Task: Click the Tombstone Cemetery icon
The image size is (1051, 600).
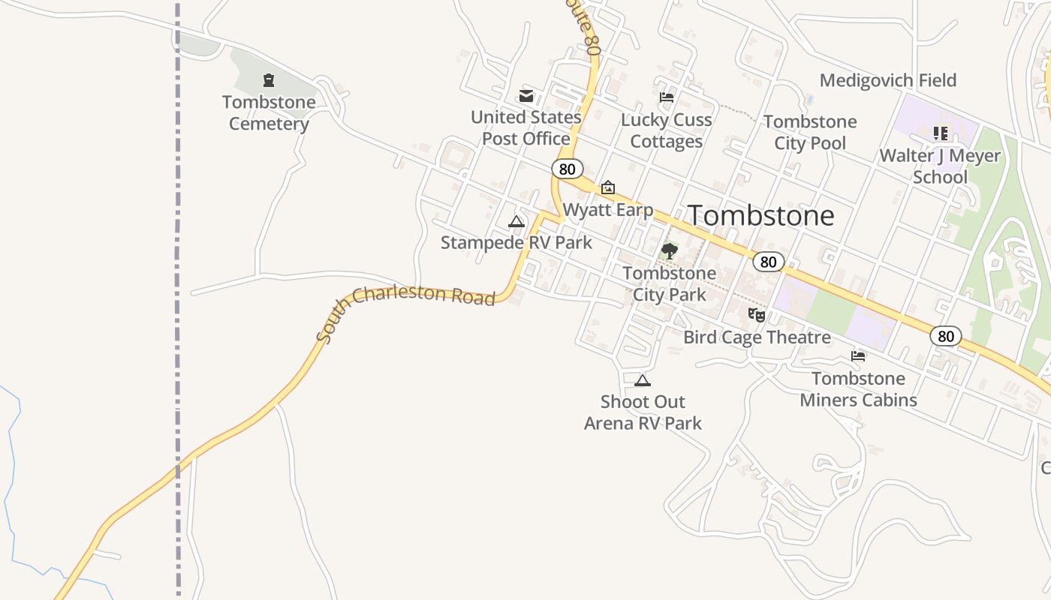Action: pos(269,80)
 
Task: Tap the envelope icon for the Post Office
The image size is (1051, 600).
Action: pos(526,96)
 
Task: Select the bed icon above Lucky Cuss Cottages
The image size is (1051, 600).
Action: pos(666,97)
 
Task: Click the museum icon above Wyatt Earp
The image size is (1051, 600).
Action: pos(608,187)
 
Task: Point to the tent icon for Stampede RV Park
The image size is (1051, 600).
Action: pos(516,221)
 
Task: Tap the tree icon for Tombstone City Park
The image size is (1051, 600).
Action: pos(669,251)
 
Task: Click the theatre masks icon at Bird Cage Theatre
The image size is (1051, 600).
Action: pos(757,315)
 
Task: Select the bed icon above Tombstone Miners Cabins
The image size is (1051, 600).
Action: pos(858,356)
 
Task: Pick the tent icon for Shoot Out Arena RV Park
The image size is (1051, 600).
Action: pos(642,380)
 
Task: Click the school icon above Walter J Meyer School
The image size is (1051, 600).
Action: pos(940,133)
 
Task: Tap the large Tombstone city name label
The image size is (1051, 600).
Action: pos(760,216)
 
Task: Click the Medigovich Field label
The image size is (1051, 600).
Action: pos(887,80)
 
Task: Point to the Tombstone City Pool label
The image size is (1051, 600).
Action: pos(810,132)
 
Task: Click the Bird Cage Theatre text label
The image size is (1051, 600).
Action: pos(757,337)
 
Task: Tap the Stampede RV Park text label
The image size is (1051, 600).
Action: pos(516,242)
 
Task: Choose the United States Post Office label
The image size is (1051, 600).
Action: pos(526,127)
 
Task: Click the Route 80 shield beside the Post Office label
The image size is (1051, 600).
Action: pos(568,169)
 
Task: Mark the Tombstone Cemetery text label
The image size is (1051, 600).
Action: pos(269,112)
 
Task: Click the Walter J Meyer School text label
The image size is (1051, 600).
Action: pos(940,166)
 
